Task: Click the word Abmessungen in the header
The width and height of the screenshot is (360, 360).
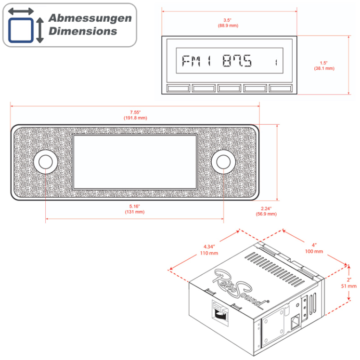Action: [90, 18]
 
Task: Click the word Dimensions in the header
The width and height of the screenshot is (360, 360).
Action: [83, 31]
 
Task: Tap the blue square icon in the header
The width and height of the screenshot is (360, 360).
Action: [21, 30]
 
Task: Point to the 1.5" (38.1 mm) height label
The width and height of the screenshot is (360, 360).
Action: [324, 65]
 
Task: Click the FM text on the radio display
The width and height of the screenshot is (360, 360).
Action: [191, 61]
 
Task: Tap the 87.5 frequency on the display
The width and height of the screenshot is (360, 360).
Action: [237, 61]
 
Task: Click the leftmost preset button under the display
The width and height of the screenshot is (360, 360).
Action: [179, 88]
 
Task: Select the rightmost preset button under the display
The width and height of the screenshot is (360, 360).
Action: [281, 88]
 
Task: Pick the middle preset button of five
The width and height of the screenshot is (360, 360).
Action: [230, 88]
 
